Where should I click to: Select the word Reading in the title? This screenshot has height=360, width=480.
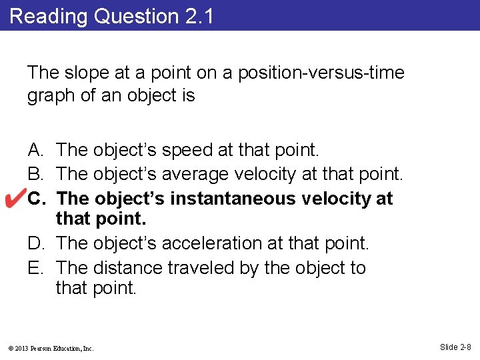pos(49,17)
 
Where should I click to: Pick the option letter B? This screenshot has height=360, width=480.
pos(36,175)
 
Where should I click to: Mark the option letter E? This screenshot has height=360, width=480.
pos(36,268)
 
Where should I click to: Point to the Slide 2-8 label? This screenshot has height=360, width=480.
pos(455,347)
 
